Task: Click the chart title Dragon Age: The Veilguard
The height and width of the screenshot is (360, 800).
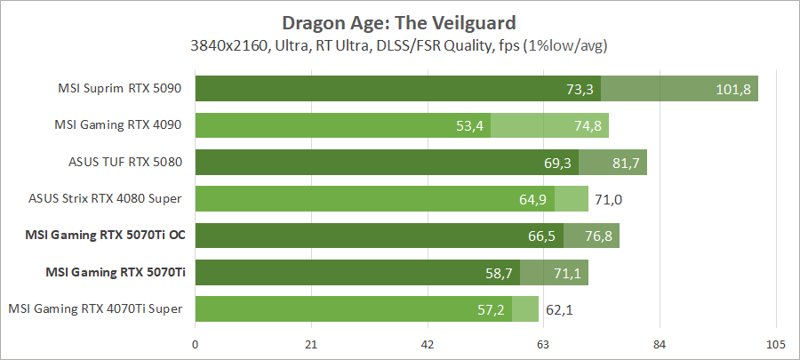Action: coord(399,21)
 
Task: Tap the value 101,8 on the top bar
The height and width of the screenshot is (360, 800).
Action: coord(733,89)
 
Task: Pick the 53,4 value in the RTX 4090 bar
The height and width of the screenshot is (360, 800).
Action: coord(468,125)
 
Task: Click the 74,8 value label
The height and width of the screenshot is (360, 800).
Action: coord(588,125)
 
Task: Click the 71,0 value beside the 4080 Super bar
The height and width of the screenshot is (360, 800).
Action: coord(608,199)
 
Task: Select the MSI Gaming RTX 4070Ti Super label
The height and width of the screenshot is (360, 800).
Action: coord(95,308)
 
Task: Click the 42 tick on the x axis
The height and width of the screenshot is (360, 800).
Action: coord(428,345)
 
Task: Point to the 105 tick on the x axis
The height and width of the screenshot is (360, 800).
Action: coord(775,345)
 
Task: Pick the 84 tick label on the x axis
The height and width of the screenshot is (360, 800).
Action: coord(660,345)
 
